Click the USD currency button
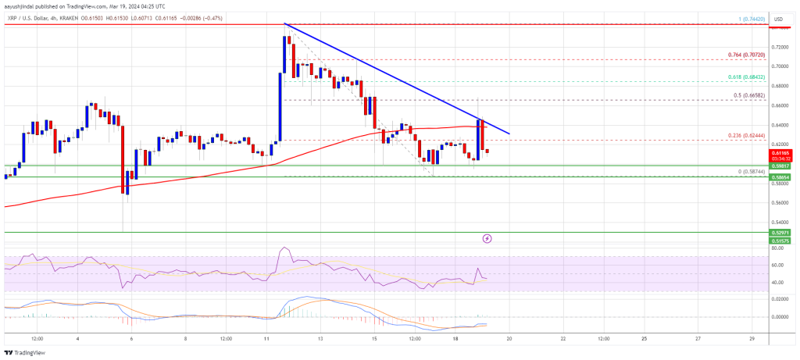[778, 18]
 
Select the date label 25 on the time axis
[644, 340]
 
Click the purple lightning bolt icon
[487, 237]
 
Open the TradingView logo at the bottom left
[27, 352]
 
